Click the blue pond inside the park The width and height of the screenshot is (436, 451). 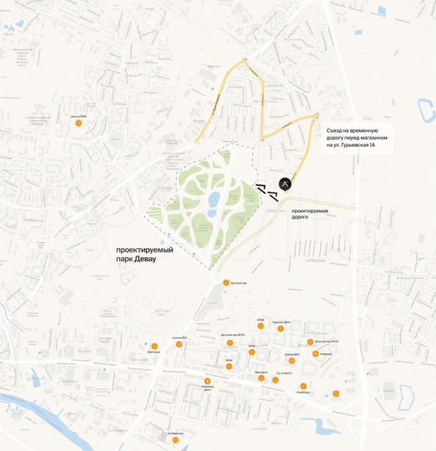coord(213,200)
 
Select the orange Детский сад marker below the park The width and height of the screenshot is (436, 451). coord(225,282)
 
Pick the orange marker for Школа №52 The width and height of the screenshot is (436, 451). coord(186,342)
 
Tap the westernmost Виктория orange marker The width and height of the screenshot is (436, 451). coord(154,346)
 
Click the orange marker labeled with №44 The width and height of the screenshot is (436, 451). coord(280,328)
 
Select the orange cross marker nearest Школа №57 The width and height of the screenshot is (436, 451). coord(315,353)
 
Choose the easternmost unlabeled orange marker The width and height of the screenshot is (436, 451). coord(336,393)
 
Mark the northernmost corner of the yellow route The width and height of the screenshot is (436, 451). coord(244,60)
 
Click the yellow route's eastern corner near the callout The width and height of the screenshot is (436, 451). coord(317,116)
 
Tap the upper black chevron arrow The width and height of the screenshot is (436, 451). coord(261,186)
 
